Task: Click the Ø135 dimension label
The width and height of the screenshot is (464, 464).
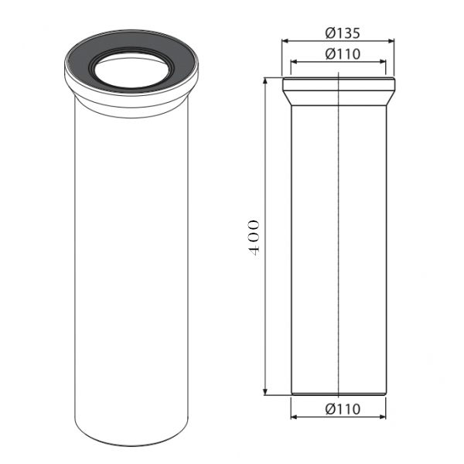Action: click(343, 33)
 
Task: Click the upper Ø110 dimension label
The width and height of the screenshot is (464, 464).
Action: click(343, 54)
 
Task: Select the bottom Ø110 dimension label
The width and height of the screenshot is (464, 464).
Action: click(343, 409)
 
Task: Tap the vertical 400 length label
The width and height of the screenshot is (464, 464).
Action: click(254, 237)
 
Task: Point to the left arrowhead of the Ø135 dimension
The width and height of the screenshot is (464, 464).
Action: click(285, 41)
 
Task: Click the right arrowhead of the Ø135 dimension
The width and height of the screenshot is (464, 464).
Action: click(391, 41)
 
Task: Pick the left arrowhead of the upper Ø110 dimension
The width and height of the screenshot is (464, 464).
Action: click(294, 62)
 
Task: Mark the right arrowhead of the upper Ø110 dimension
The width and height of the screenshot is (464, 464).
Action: click(383, 62)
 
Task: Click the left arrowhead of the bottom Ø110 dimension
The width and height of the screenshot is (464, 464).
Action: click(294, 417)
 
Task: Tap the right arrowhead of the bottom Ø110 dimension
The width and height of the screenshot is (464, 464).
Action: click(383, 417)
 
